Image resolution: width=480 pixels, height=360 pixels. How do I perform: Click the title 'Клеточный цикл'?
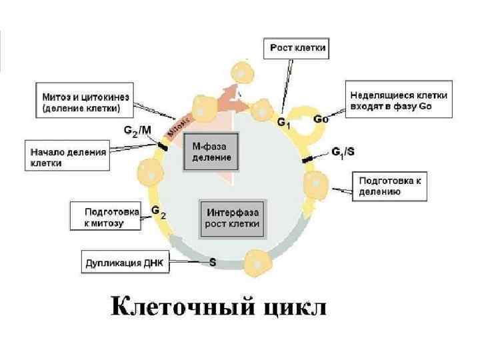218,308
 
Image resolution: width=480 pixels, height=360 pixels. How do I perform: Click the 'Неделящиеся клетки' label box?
399,100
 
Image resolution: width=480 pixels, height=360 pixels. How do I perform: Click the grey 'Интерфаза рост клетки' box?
232,218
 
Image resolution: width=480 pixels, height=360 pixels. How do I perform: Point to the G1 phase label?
283,123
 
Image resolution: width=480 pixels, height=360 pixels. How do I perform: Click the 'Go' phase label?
321,120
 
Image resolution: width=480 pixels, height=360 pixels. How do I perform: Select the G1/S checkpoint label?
343,153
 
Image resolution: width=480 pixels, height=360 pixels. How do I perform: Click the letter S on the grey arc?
213,263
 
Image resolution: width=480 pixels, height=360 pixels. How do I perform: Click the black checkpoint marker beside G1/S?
309,159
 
